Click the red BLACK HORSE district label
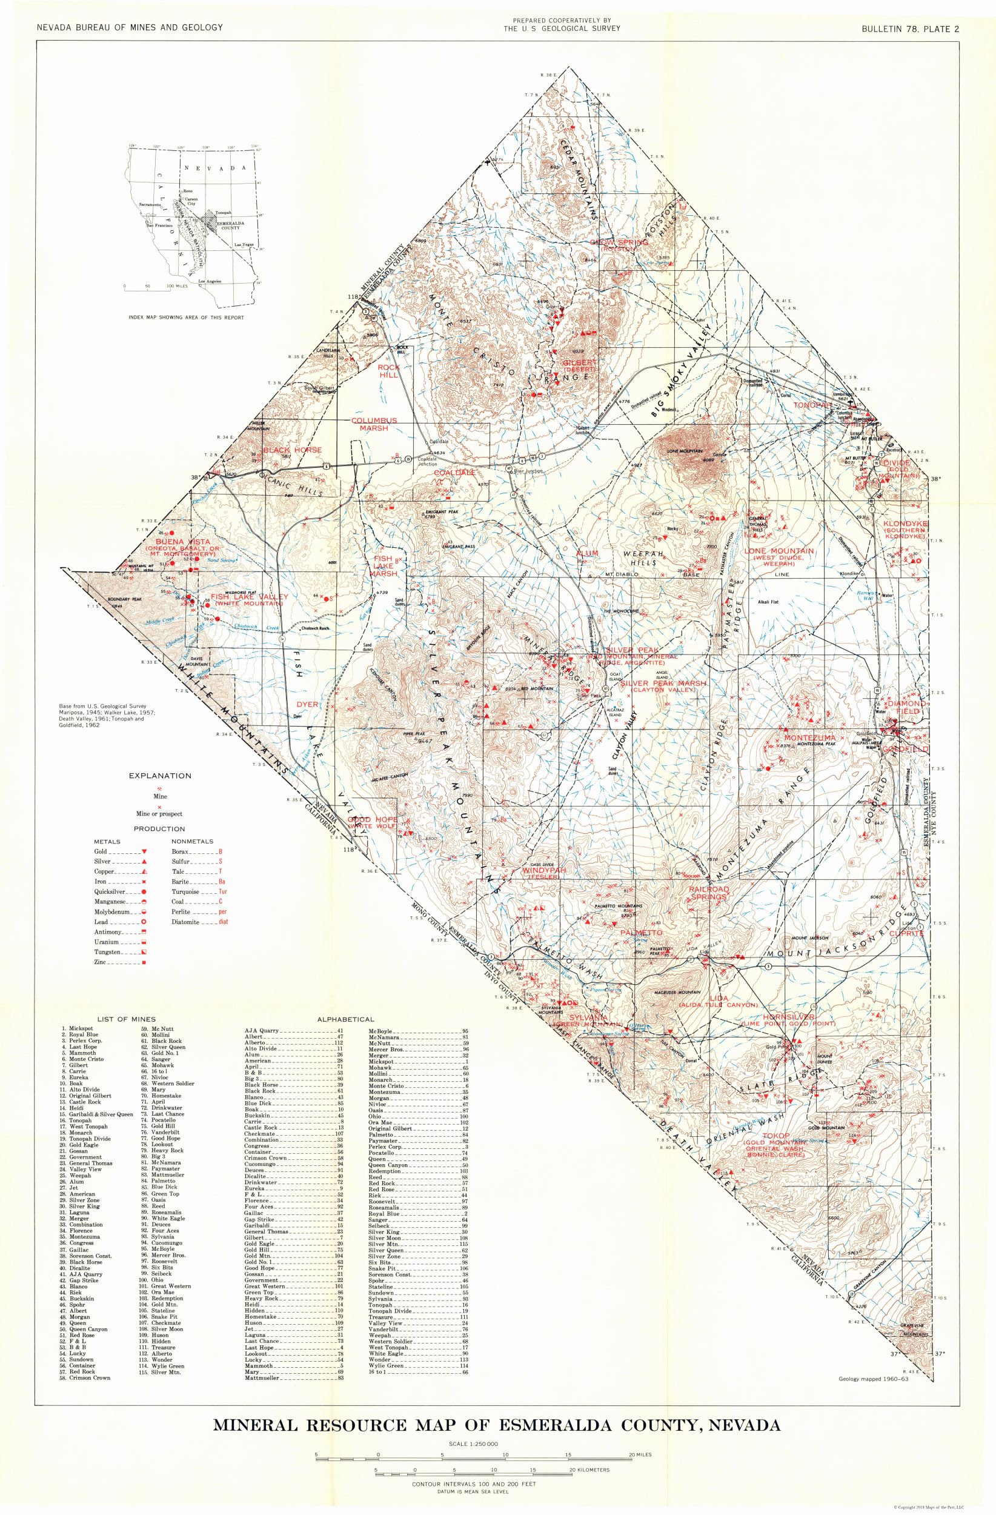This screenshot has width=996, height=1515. coord(285,450)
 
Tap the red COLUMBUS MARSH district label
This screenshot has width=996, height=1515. coord(374,424)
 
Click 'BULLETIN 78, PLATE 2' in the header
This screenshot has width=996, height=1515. coord(911,27)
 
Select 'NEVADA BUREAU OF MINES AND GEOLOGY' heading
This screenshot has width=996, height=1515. coord(130,27)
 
